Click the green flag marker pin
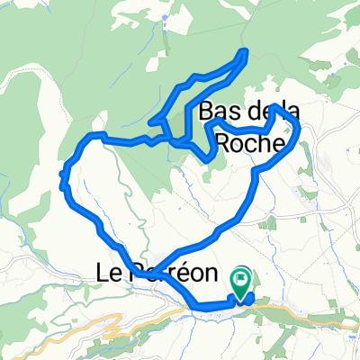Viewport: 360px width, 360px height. [241, 281]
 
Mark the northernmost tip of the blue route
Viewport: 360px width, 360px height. [244, 50]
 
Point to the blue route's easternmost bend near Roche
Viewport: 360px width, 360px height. [298, 135]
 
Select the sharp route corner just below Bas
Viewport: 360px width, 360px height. [212, 158]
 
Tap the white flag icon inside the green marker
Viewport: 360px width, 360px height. [241, 278]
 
